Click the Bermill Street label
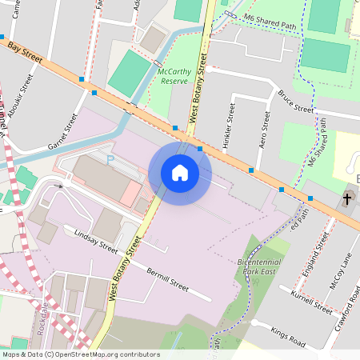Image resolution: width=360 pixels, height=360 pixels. pyautogui.click(x=167, y=280)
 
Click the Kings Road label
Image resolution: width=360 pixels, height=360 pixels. pyautogui.click(x=288, y=336)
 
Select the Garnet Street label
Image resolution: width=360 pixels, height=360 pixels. pyautogui.click(x=66, y=130)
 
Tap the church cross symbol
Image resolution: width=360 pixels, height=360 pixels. pyautogui.click(x=348, y=198)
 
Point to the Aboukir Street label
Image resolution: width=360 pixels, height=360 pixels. pyautogui.click(x=24, y=96)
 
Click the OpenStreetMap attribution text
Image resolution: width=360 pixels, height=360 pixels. pyautogui.click(x=81, y=354)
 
